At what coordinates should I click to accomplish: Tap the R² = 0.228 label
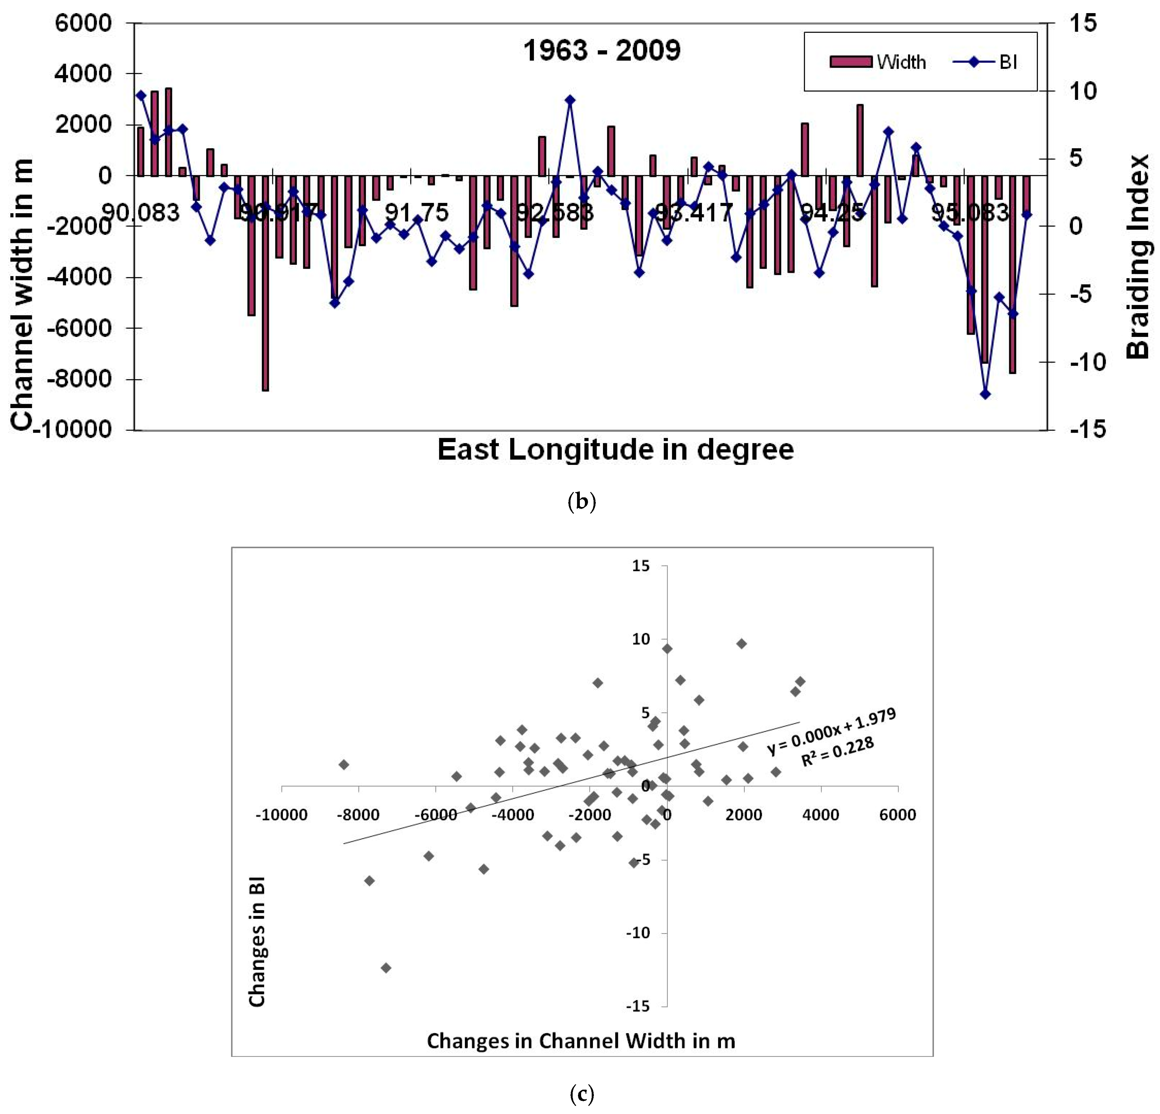point(837,752)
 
